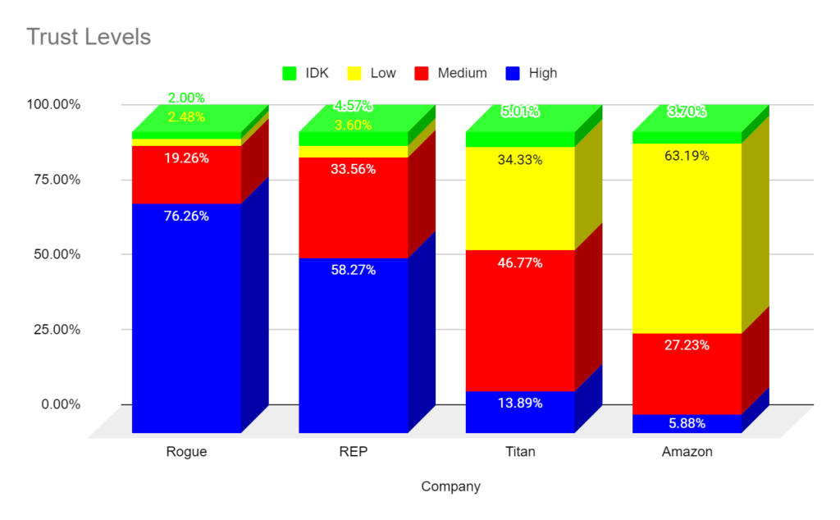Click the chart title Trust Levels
pos(89,37)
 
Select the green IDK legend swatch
pos(288,73)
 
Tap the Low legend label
pos(383,73)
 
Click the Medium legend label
pos(462,73)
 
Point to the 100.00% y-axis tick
pos(53,105)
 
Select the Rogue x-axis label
pos(186,452)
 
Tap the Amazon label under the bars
pos(687,452)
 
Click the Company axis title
pos(450,486)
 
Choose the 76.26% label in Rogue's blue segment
pos(187,217)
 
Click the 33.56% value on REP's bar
pos(354,170)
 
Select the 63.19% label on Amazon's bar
pos(687,156)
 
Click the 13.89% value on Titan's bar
pos(520,403)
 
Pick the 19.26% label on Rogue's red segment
pos(187,158)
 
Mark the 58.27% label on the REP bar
pos(354,270)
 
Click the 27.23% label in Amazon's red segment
pos(687,345)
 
